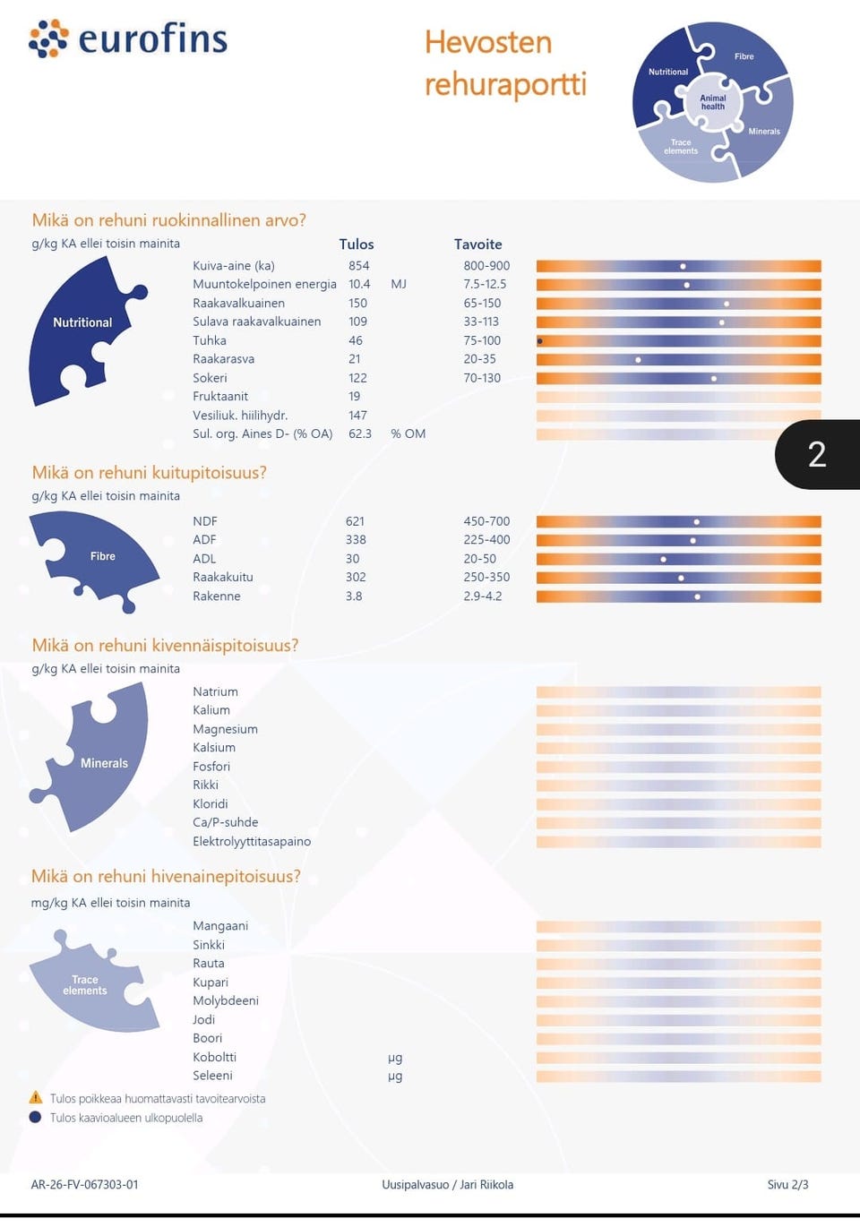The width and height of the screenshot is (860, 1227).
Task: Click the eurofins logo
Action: pos(127,39)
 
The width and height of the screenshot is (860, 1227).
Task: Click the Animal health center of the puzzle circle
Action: pos(713,102)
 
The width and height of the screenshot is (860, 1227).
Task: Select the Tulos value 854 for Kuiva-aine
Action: pos(359,266)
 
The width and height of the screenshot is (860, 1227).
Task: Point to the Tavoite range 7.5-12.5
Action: pos(485,284)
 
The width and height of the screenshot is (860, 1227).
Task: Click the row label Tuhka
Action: pos(210,340)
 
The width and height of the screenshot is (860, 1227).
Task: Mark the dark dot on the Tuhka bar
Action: pos(540,341)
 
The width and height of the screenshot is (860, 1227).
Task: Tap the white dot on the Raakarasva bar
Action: pos(638,360)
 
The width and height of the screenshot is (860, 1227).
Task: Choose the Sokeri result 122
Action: pos(357,378)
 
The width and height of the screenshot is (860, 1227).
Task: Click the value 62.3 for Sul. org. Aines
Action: pos(360,433)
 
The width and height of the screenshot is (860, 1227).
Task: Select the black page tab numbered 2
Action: pos(817,455)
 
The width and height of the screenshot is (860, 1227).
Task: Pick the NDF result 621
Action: pos(355,521)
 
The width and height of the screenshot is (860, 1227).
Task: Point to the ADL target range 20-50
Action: pos(480,559)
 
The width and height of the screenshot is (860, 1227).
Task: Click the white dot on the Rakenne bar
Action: pos(697,596)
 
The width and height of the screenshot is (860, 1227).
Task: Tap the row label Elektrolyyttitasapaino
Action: pos(252,841)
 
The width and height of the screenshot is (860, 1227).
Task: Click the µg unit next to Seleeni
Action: pos(395,1076)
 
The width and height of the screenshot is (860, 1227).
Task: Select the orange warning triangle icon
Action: pos(36,1098)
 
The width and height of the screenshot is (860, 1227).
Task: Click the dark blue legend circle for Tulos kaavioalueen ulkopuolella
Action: pos(35,1117)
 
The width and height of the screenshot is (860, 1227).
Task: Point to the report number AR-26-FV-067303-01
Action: pos(84,1184)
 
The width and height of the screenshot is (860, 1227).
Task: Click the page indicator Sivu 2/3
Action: pos(787,1184)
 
